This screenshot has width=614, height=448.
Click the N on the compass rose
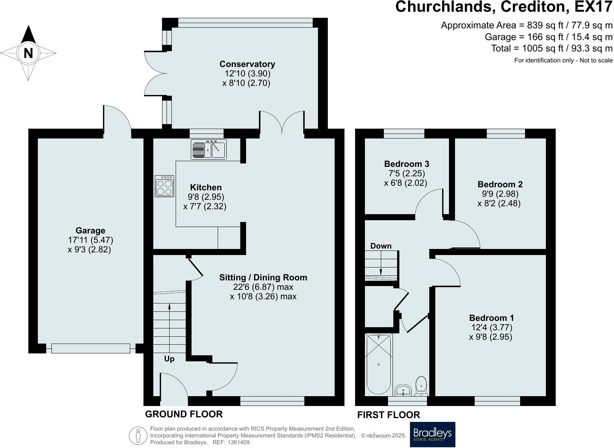(28, 53)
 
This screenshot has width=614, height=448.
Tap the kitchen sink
(209, 149)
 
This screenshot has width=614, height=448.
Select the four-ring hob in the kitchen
(164, 186)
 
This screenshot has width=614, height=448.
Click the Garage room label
(90, 231)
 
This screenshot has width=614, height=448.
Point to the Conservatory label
(247, 64)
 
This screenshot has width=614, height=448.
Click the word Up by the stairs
(169, 359)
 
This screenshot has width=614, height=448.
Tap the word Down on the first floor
(381, 246)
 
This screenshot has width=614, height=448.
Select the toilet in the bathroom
(421, 386)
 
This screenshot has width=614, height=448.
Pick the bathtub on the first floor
(379, 364)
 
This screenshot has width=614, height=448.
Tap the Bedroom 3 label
(407, 164)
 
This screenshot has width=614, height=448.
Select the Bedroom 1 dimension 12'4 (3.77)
(492, 327)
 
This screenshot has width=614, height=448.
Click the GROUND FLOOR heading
(184, 414)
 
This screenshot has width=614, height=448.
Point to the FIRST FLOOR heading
(388, 415)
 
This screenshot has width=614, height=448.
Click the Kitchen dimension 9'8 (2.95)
(206, 197)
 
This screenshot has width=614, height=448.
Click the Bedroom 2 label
(500, 184)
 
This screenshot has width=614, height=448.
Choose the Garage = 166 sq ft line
(549, 37)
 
